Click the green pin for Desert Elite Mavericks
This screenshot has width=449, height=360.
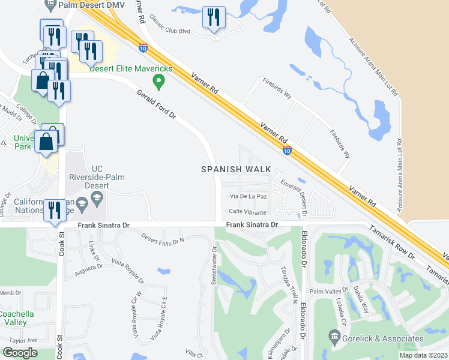[x=159, y=80]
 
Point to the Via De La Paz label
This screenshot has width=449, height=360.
[x=244, y=196]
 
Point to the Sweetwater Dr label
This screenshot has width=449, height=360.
[x=214, y=260]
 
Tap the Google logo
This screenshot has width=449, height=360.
[x=20, y=353]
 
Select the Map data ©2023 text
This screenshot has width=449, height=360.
[x=423, y=355]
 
